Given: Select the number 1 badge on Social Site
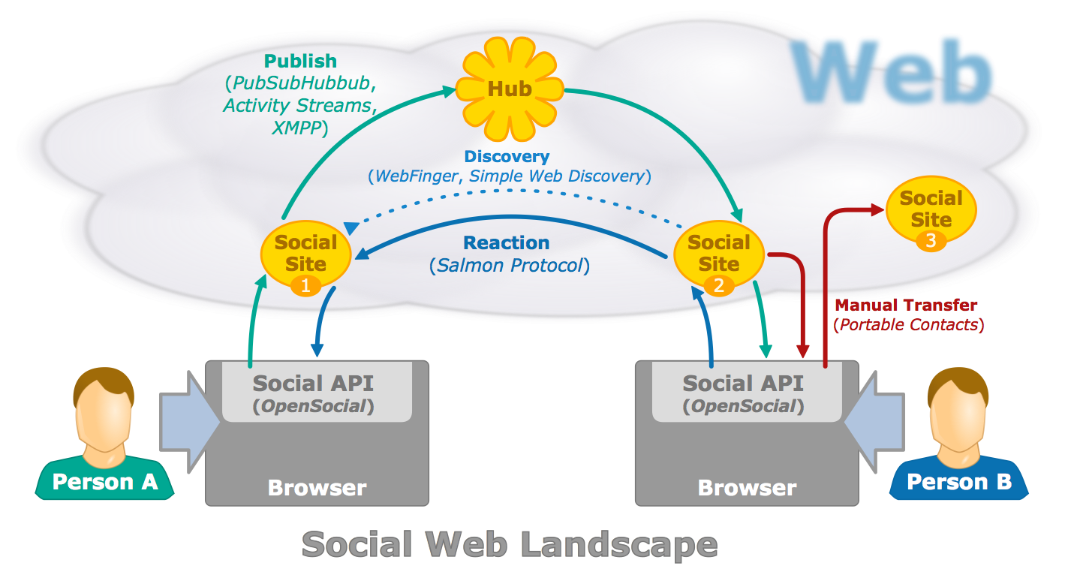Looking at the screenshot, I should [305, 285].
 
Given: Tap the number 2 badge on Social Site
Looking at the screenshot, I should [718, 285].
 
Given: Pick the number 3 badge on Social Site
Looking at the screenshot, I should [931, 241].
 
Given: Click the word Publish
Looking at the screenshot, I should [300, 61].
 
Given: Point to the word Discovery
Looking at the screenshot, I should [507, 157].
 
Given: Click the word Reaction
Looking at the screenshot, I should [507, 243].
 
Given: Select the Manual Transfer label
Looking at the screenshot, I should [906, 305].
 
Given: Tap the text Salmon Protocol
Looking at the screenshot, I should [510, 265].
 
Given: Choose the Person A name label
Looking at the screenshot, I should [105, 481].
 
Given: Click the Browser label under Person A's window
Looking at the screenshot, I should [317, 488].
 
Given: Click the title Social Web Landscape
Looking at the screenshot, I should [510, 544].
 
